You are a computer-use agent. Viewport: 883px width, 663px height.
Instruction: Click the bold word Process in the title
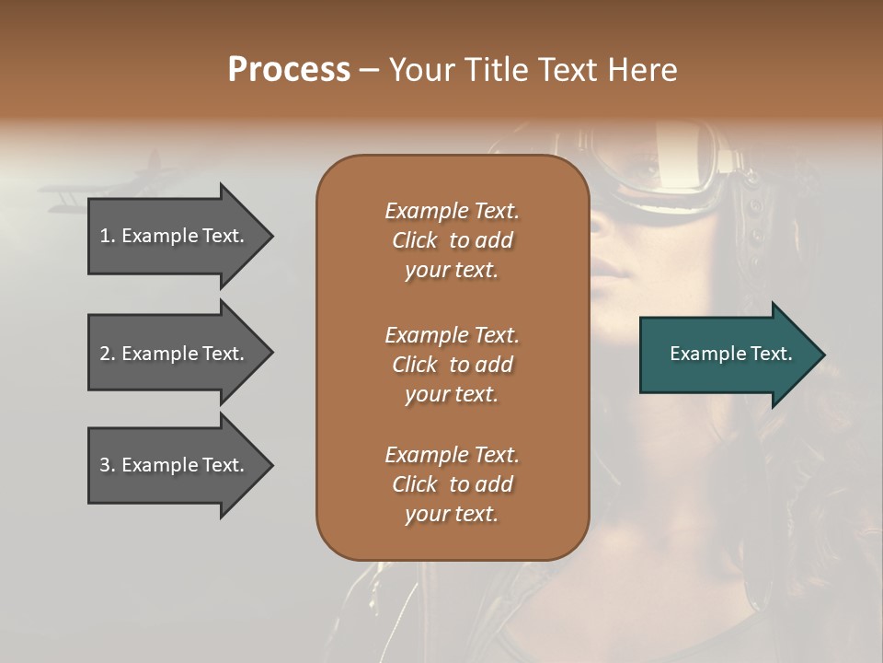(x=289, y=70)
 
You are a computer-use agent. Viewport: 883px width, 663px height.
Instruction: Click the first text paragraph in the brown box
(x=452, y=240)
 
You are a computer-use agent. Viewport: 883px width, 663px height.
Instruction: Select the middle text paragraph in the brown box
(x=452, y=364)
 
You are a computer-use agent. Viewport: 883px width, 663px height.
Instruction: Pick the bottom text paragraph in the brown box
(x=452, y=483)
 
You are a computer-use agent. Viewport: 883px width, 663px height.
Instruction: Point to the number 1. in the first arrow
(x=107, y=236)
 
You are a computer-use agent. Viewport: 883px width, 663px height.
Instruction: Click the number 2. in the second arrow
(x=107, y=354)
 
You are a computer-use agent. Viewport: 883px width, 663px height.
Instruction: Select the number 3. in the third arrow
(x=107, y=465)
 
